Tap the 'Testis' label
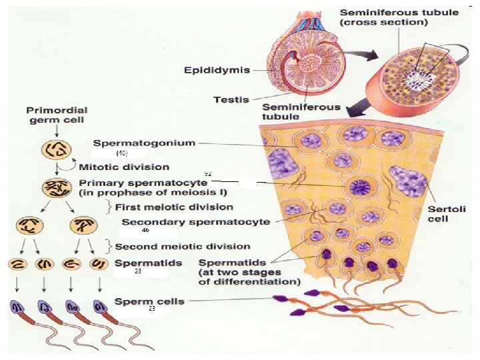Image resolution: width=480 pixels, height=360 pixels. point(231,100)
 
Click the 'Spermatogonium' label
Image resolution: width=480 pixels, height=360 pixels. point(144,143)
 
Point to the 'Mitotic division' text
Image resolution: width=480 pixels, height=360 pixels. point(124,167)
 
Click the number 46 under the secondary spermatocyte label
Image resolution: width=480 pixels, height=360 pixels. point(145,230)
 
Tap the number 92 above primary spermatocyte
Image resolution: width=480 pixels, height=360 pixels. point(208,173)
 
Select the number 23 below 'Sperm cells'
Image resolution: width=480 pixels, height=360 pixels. point(152,309)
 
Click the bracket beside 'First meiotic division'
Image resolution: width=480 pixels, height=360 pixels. point(107,207)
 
